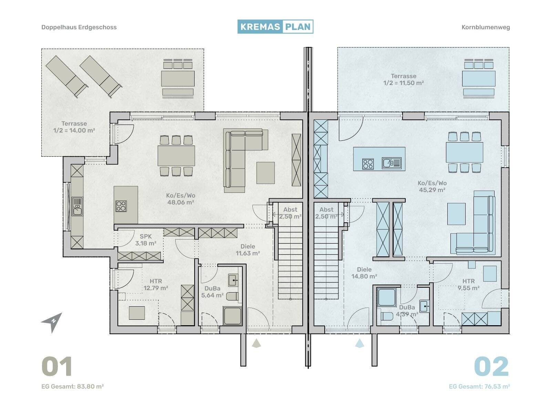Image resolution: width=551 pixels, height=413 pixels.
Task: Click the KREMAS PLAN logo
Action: [275, 27]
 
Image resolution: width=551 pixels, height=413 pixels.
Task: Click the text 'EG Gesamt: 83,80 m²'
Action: [73, 386]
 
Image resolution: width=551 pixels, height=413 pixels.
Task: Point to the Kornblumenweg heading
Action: [486, 27]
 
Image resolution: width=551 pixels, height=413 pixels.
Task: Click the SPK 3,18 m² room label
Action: [146, 240]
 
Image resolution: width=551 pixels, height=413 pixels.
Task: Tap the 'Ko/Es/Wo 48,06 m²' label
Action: [181, 199]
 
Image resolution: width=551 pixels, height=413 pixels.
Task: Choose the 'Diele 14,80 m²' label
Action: [364, 273]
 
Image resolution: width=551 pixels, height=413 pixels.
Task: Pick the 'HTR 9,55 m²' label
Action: [468, 285]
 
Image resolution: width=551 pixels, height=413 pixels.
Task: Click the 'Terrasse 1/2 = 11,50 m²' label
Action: [404, 80]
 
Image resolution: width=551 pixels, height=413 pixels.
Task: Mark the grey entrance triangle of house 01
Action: [256, 343]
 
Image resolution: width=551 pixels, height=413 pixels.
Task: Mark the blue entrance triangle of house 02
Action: [360, 343]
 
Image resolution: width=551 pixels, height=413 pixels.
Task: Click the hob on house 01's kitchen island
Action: [121, 206]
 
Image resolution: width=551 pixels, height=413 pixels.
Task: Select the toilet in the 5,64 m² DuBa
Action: [232, 296]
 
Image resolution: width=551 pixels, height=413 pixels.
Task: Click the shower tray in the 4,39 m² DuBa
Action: [387, 298]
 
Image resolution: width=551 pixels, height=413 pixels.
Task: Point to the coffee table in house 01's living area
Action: [266, 173]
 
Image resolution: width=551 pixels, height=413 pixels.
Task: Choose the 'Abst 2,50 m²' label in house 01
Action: [290, 213]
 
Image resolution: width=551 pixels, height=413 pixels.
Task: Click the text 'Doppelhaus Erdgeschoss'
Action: [79, 27]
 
